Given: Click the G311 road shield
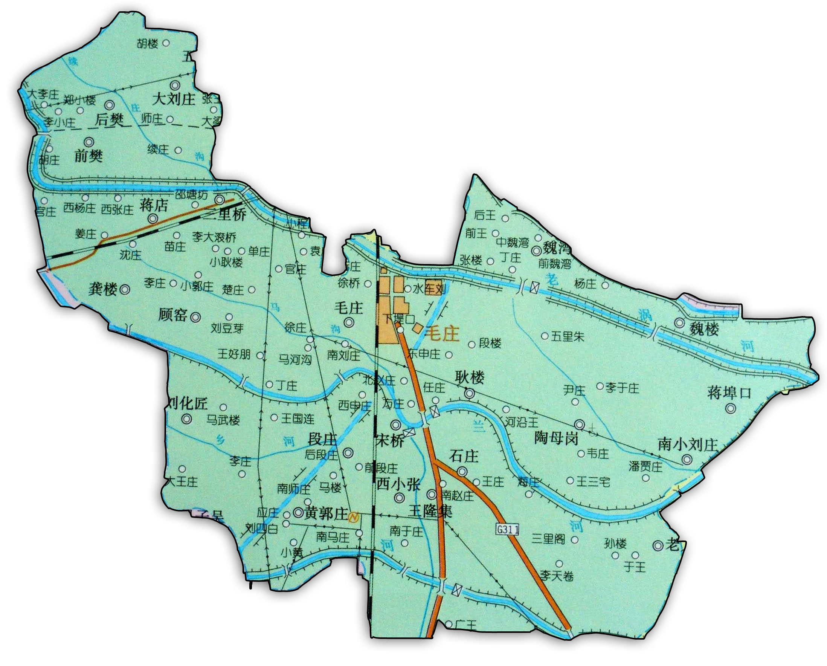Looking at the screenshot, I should tap(508, 529).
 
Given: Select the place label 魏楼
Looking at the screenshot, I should tap(704, 329).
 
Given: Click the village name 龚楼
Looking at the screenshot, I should tap(102, 289).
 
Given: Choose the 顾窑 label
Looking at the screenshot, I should tap(172, 315).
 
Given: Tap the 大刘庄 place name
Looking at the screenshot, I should tap(173, 99).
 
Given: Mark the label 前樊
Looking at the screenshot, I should tap(88, 156).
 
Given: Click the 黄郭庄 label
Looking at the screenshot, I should tap(326, 513).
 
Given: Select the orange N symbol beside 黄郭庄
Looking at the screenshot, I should tap(353, 518).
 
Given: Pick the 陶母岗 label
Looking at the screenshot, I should tap(556, 438).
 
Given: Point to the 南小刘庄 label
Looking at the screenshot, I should tap(687, 445).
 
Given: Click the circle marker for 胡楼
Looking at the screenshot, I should tap(166, 43).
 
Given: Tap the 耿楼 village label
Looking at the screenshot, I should tap(470, 378).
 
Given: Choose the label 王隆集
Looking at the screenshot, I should tap(430, 512).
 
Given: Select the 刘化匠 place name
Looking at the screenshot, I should tap(188, 403).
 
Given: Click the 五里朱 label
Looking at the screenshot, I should tap(568, 337).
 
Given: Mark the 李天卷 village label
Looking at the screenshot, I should tap(557, 576).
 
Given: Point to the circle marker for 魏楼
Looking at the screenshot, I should tap(680, 323).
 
